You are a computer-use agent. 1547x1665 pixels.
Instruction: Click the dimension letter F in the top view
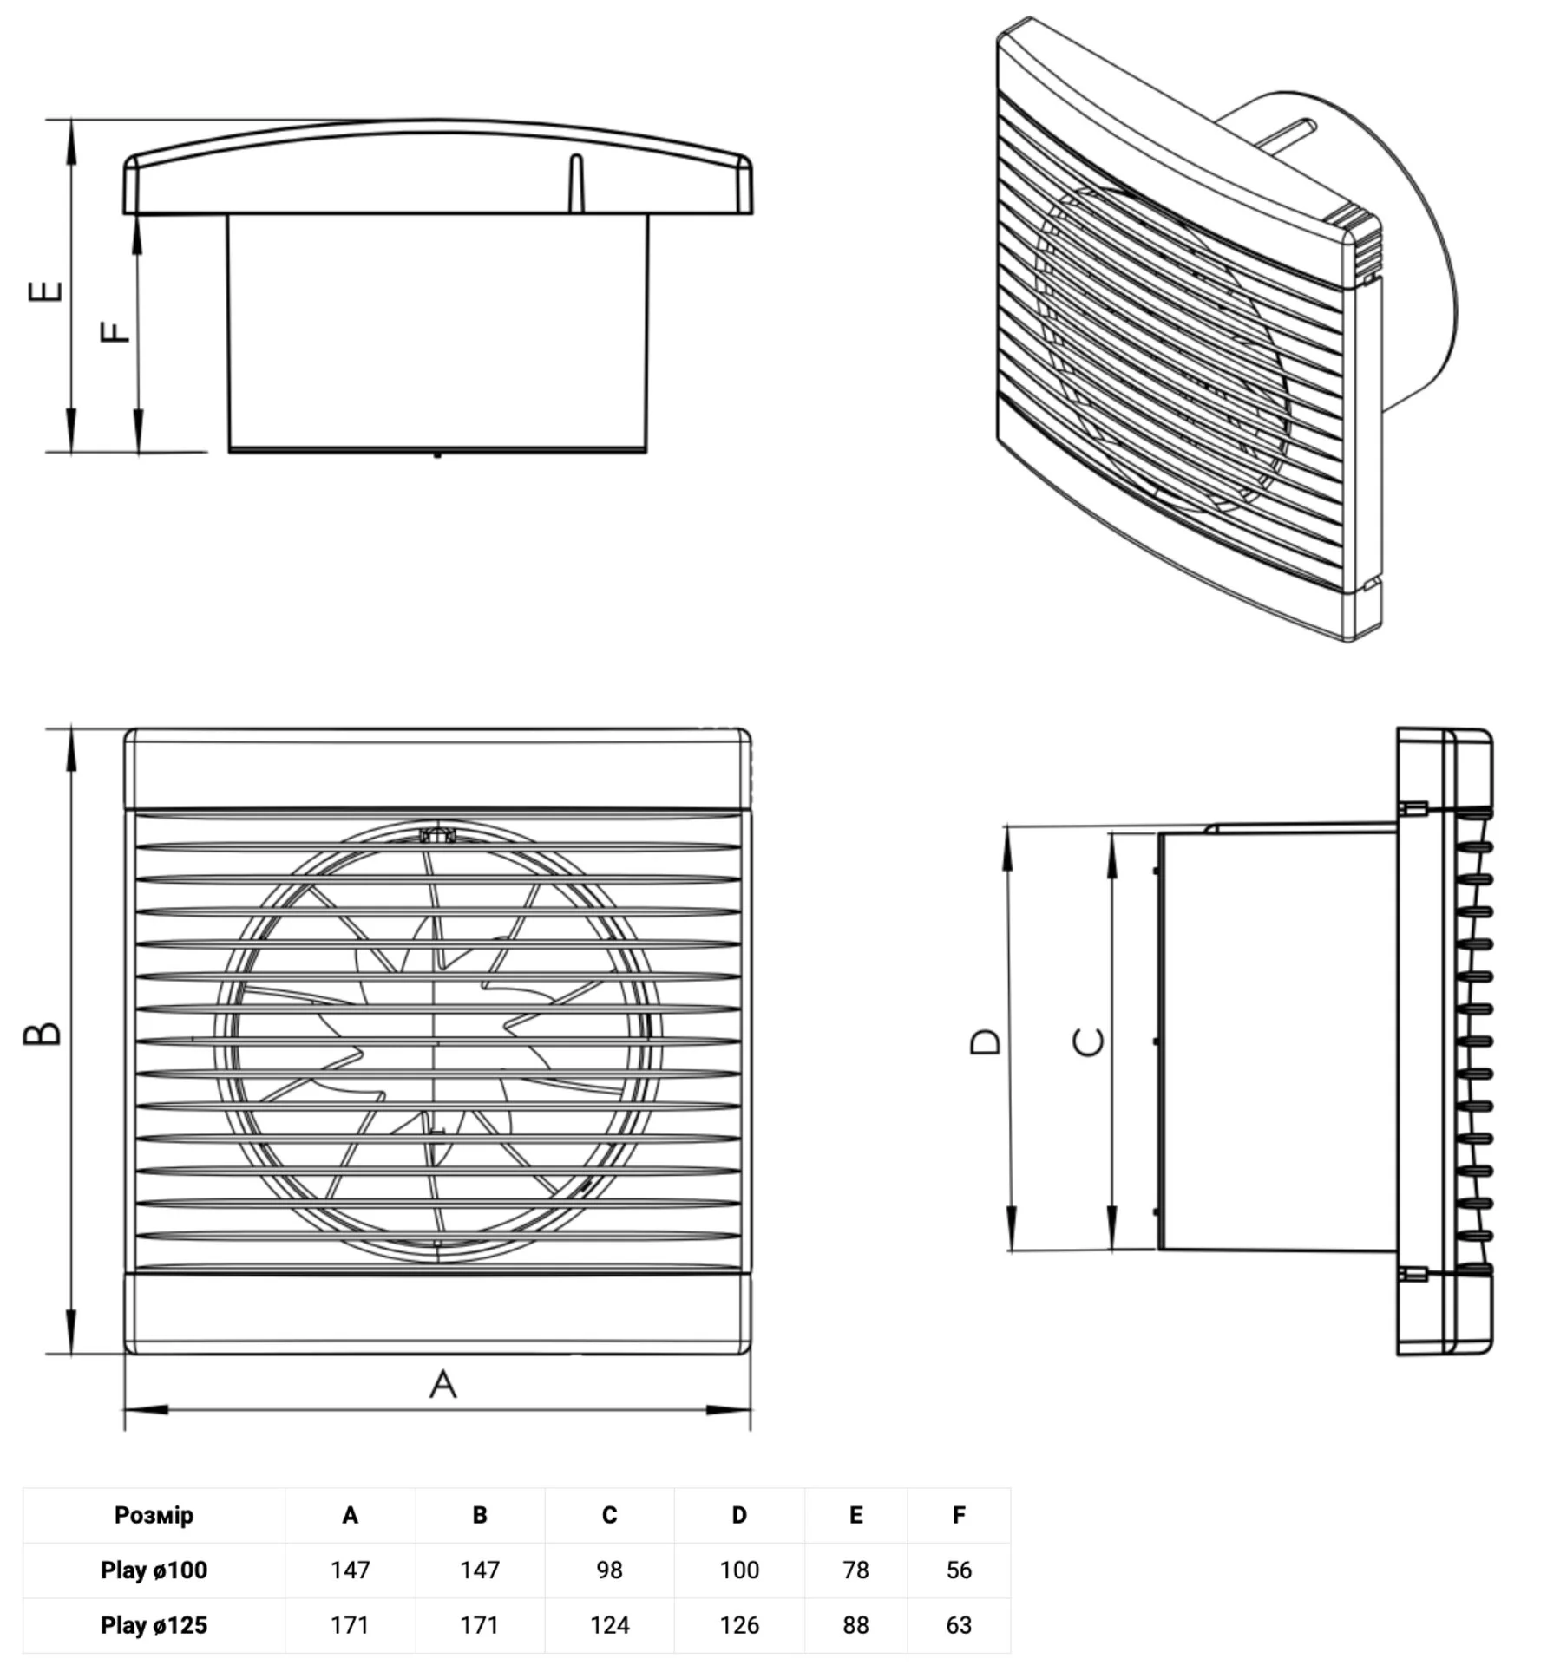(115, 332)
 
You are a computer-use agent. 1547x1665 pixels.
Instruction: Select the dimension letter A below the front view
(442, 1384)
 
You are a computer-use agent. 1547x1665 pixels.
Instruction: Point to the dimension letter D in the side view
(985, 1041)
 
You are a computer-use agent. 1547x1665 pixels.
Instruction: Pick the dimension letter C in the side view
(1089, 1041)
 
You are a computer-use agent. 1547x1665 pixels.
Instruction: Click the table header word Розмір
(154, 1514)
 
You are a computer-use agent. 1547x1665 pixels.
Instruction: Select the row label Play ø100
(154, 1570)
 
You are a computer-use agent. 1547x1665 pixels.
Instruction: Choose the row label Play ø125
(154, 1624)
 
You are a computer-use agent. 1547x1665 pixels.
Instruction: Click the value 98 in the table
(609, 1570)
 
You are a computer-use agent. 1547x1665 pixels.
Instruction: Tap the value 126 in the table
(739, 1624)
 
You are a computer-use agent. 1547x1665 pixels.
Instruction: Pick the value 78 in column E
(855, 1570)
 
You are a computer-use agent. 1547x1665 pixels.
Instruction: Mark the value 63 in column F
(959, 1624)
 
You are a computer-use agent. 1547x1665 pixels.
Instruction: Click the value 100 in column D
(739, 1570)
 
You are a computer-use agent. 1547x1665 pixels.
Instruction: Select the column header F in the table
(959, 1515)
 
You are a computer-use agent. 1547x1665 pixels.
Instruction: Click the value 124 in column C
(609, 1624)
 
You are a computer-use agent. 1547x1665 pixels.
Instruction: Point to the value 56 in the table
(959, 1570)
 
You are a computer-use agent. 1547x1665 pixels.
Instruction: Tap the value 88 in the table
(855, 1624)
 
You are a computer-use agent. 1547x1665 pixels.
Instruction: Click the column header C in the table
(609, 1515)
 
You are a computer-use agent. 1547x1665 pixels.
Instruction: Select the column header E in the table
(855, 1515)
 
